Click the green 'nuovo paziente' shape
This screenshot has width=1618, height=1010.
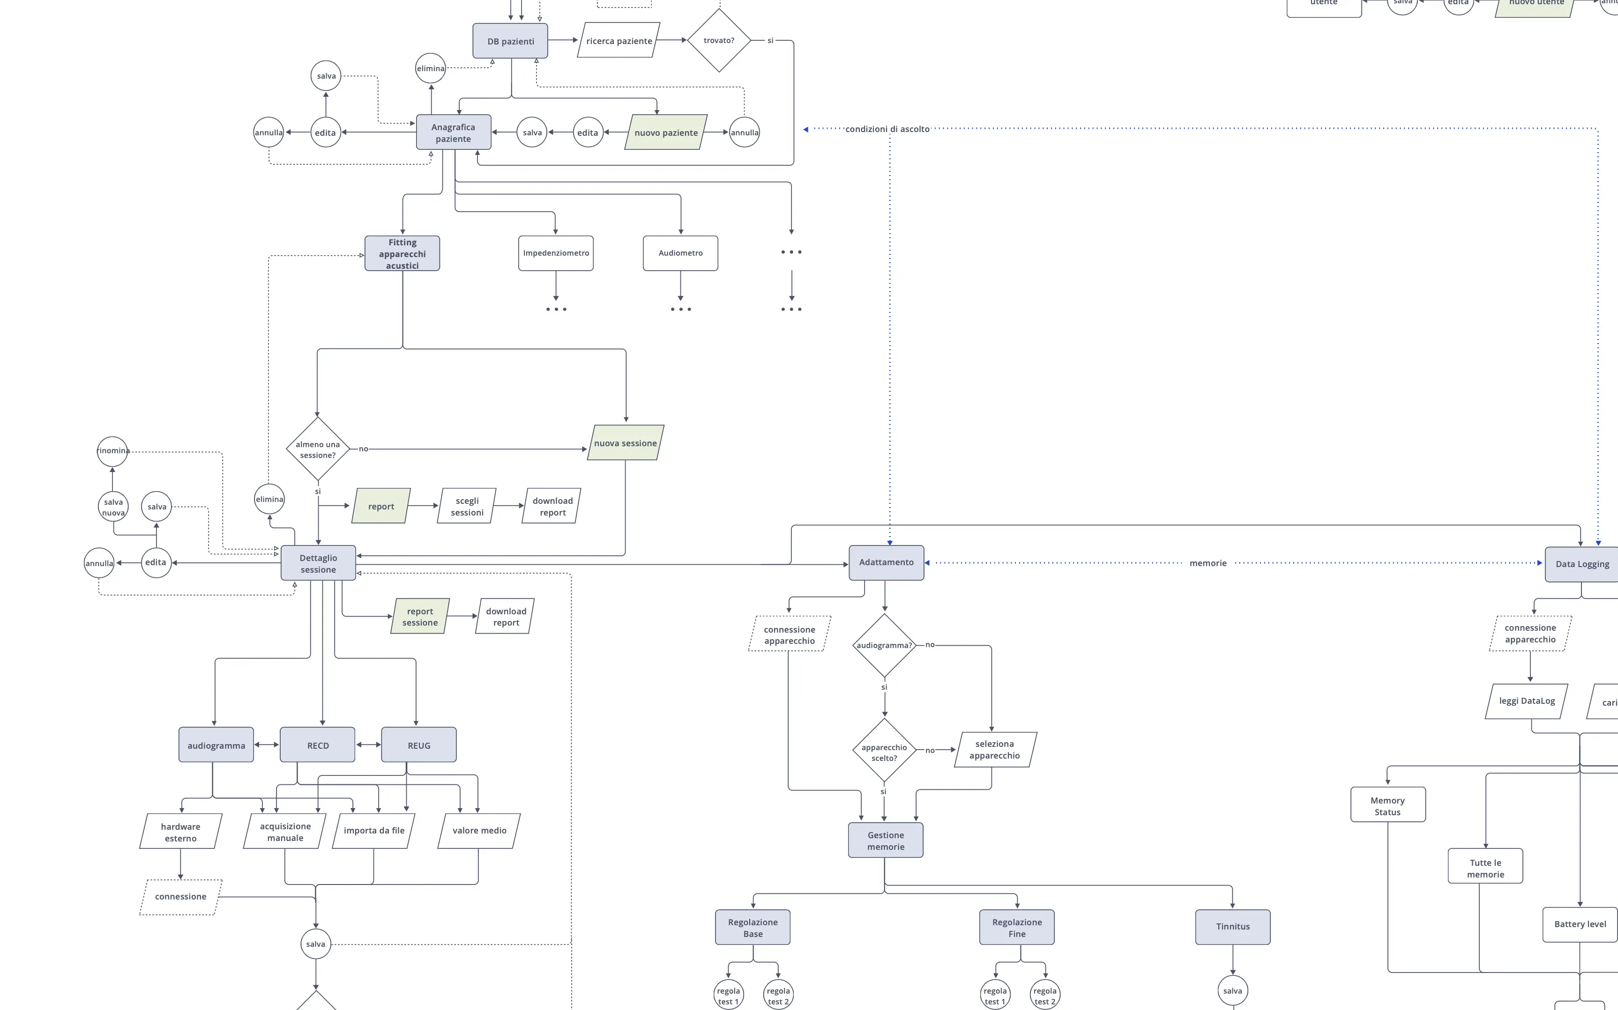tap(666, 132)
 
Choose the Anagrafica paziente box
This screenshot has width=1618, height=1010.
tap(453, 132)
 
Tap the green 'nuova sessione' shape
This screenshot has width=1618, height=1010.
tap(625, 443)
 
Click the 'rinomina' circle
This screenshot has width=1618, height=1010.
tap(112, 451)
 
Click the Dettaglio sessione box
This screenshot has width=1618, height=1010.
tap(318, 563)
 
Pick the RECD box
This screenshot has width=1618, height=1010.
tap(317, 745)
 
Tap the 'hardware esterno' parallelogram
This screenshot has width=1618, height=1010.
tap(180, 832)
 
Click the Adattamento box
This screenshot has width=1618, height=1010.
tap(886, 562)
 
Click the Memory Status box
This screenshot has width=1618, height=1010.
tap(1387, 805)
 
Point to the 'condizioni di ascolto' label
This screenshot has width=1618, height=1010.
tap(887, 129)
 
